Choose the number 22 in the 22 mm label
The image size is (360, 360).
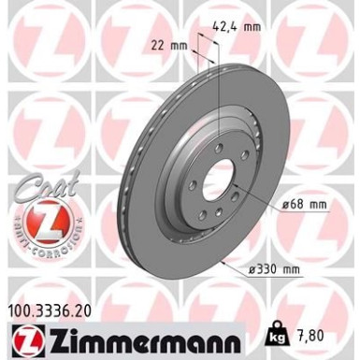155,43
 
